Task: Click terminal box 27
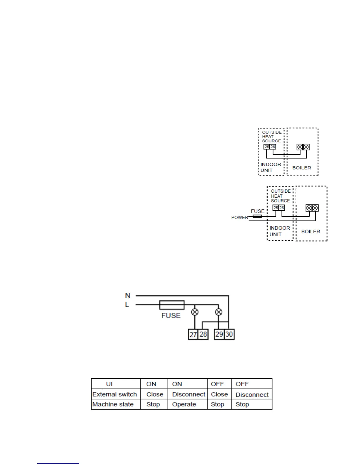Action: (x=193, y=334)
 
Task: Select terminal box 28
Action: (x=203, y=334)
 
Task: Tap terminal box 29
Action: (x=219, y=334)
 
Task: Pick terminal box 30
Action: (x=229, y=334)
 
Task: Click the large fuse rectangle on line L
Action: (x=172, y=305)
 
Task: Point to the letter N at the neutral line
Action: (x=127, y=295)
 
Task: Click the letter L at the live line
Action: (x=127, y=305)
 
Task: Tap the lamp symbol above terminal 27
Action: (x=195, y=312)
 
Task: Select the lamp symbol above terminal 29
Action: (x=219, y=312)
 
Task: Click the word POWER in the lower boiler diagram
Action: (x=240, y=218)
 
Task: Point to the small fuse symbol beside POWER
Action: (x=257, y=216)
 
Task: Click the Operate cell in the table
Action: (x=184, y=405)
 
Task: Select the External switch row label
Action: (x=115, y=395)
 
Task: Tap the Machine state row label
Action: (x=113, y=405)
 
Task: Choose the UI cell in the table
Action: (x=109, y=384)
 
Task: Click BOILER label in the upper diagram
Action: (x=301, y=168)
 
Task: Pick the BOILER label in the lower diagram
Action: (x=311, y=232)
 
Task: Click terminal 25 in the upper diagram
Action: (x=266, y=147)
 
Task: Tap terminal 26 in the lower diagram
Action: (x=282, y=208)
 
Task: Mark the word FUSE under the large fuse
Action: (x=171, y=316)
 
